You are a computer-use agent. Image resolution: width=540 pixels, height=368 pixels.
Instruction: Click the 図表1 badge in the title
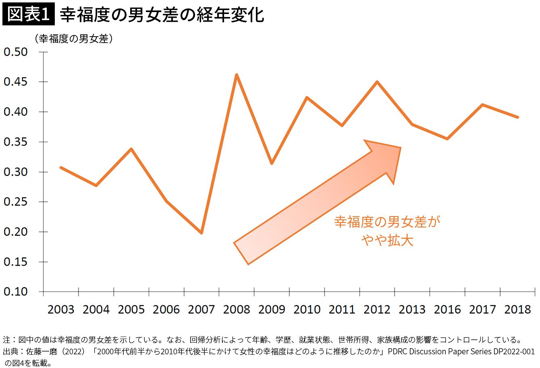(28, 15)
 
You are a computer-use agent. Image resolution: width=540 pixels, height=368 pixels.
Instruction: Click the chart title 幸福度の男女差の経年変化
(162, 15)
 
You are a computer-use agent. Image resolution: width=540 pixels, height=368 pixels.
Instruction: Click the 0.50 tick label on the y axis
(16, 52)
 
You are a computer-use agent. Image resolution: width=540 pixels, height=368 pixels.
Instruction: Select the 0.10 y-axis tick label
(16, 292)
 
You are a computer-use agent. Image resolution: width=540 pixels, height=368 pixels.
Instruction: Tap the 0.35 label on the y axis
(16, 142)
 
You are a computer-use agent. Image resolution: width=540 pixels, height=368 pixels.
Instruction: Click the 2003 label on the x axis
(61, 309)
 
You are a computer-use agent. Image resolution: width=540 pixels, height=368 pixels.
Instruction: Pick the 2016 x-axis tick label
(447, 309)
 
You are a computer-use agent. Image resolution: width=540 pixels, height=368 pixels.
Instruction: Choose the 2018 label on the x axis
(518, 309)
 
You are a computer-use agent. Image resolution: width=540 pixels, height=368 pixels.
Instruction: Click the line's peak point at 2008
(237, 74)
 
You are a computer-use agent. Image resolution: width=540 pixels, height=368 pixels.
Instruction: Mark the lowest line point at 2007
(201, 233)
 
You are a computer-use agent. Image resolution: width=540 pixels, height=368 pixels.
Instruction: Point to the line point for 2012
(377, 82)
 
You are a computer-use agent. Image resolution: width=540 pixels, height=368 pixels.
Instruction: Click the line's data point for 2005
(131, 149)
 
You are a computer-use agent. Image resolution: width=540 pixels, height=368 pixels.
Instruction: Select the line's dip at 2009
(272, 163)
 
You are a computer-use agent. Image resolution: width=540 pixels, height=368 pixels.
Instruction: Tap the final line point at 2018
(518, 117)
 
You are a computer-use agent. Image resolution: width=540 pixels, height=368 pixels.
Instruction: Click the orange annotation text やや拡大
(387, 240)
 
